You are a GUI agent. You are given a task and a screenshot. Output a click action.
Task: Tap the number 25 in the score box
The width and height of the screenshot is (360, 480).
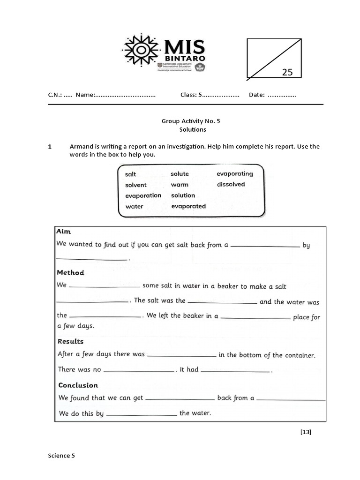click(x=287, y=72)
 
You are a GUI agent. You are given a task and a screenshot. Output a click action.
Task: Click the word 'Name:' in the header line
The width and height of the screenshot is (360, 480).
click(x=85, y=95)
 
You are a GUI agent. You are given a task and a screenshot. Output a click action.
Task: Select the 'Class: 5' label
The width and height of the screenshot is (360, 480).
click(x=191, y=95)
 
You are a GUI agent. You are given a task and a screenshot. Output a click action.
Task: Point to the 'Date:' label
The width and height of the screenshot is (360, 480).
click(x=257, y=95)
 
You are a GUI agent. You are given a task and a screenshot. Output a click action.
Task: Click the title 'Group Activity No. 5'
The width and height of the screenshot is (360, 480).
click(x=191, y=121)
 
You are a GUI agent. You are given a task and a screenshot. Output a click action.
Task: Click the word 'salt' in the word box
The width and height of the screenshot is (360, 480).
click(x=131, y=174)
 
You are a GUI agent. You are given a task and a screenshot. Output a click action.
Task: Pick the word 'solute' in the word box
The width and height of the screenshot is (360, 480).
click(x=180, y=174)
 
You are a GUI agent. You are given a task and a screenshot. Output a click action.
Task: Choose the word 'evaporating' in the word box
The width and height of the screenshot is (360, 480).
click(x=234, y=173)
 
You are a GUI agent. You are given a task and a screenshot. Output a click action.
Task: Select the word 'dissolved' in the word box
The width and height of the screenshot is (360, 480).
click(x=231, y=184)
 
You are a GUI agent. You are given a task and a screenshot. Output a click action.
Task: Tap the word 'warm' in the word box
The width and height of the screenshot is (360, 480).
click(x=180, y=185)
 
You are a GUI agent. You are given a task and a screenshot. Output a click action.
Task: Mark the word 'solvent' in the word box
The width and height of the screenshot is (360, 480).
click(x=136, y=185)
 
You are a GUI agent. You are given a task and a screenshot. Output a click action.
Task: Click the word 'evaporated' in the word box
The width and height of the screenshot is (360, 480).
click(x=188, y=206)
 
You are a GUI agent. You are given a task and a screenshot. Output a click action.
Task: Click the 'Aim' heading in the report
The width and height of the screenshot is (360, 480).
click(x=63, y=232)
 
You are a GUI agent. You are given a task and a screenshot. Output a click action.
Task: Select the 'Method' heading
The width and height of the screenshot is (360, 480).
click(x=70, y=272)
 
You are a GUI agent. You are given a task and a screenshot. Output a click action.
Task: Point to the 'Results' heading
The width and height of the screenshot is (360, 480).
click(x=70, y=341)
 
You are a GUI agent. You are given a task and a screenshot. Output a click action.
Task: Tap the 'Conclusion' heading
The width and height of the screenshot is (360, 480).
click(x=78, y=385)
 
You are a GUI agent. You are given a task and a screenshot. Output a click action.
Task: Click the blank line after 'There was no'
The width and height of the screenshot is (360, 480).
click(x=138, y=371)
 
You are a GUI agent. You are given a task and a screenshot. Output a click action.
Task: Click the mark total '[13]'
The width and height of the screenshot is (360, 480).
click(x=306, y=432)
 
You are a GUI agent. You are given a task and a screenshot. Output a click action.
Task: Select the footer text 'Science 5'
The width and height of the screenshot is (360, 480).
click(x=61, y=455)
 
